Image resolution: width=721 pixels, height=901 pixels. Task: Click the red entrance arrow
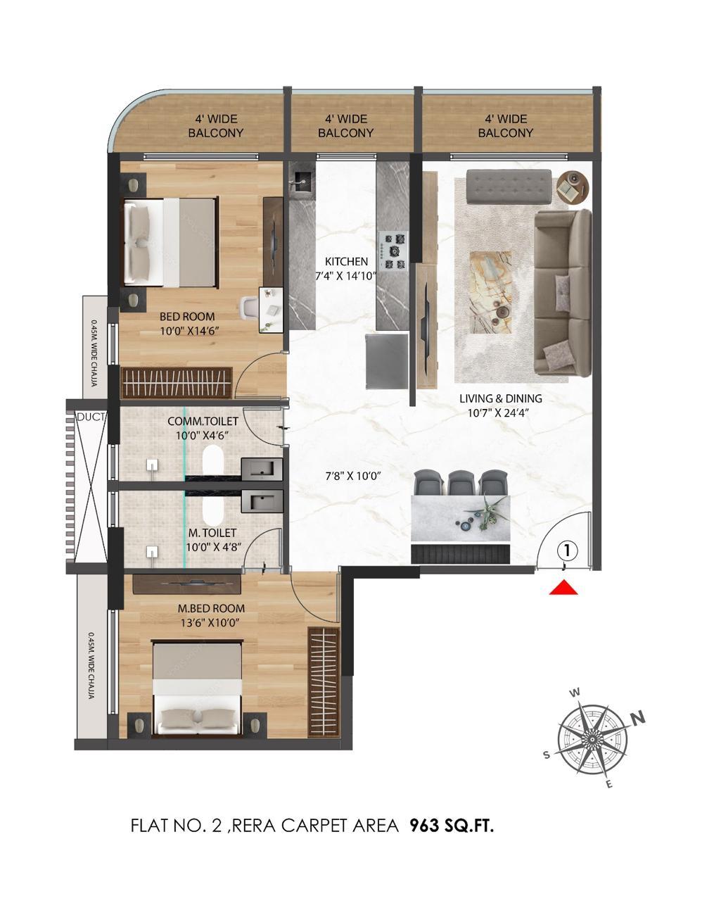(x=563, y=587)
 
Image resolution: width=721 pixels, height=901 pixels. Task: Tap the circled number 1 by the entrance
(x=567, y=550)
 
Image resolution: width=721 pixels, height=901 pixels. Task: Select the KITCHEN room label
(x=346, y=262)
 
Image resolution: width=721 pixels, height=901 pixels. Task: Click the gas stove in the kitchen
(x=393, y=251)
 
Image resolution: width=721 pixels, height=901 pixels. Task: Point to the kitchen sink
(x=300, y=182)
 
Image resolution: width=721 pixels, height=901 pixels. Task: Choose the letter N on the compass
(x=638, y=719)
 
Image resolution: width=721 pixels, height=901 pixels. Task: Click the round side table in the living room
(x=573, y=187)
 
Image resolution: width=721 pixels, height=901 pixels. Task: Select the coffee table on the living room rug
(x=491, y=293)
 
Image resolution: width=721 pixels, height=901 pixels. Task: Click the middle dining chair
(x=459, y=483)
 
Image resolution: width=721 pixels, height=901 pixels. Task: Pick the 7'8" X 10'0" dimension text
(x=353, y=476)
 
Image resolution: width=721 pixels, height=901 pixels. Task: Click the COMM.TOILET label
(x=203, y=421)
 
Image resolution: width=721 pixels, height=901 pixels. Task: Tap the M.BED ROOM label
(x=211, y=608)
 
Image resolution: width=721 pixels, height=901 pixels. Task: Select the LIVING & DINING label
(x=500, y=398)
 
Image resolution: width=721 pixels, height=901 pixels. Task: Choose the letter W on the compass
(x=575, y=693)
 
